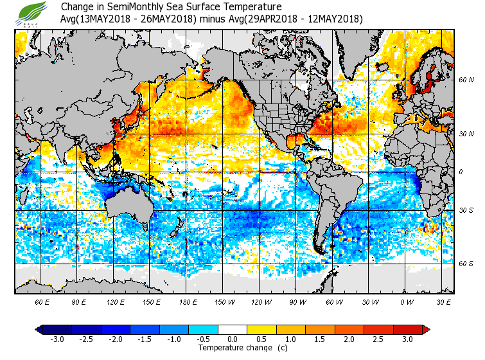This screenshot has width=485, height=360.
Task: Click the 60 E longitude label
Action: [x=42, y=301]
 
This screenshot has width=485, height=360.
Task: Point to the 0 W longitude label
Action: [x=406, y=301]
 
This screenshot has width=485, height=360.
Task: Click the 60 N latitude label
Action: [x=466, y=80]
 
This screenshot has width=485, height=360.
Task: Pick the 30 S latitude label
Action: [x=466, y=210]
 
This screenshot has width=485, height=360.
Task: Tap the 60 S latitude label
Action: [x=466, y=264]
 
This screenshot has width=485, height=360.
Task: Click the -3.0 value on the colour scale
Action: [x=57, y=339]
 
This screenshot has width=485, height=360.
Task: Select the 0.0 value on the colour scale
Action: [x=233, y=339]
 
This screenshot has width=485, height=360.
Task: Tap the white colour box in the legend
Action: [x=233, y=329]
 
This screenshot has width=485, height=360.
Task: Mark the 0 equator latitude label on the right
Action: [x=460, y=172]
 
